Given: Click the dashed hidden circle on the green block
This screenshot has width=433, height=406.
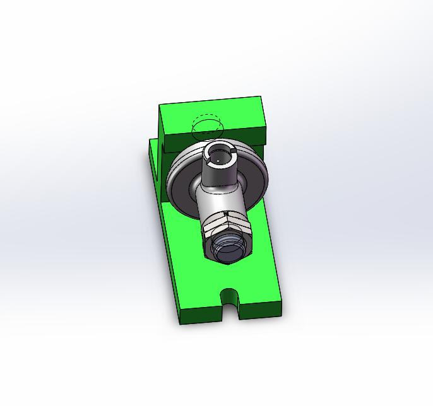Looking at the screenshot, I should point(207,127).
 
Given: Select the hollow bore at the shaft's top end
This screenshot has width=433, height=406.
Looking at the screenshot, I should point(220,155).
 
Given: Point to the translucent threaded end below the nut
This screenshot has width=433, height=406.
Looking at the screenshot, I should point(228,248).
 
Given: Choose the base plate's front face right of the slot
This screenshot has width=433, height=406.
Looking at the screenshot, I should point(261,310).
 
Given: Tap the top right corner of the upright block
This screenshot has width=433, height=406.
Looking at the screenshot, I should point(261,97).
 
